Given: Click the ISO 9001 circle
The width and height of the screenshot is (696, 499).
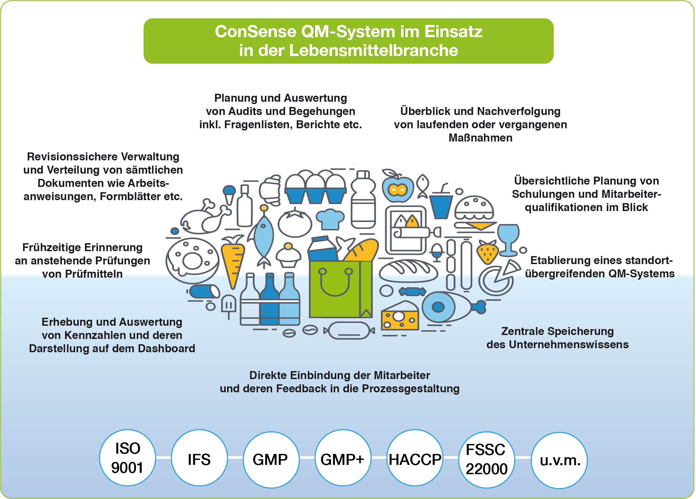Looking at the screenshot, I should coord(127,458).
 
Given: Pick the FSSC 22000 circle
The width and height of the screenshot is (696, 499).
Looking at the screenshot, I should coord(487,459).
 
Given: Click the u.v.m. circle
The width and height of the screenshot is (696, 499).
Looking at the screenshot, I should coord(559,460).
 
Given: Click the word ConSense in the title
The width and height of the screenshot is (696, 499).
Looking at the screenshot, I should coord(255,32).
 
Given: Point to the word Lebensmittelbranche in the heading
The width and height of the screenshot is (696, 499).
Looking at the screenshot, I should coord(374,51).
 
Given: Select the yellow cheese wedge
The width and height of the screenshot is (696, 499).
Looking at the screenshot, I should coord(400,316).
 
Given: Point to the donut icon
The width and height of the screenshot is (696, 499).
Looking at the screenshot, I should coord(192,260).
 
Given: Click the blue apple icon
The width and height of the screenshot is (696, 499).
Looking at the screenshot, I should coord(397,189).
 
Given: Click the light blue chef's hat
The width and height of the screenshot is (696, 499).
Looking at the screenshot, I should coord(330,219).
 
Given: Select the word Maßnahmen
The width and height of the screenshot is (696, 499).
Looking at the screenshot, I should coord(480,138).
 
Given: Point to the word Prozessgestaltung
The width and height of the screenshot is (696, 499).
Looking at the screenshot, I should coord(410,389).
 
